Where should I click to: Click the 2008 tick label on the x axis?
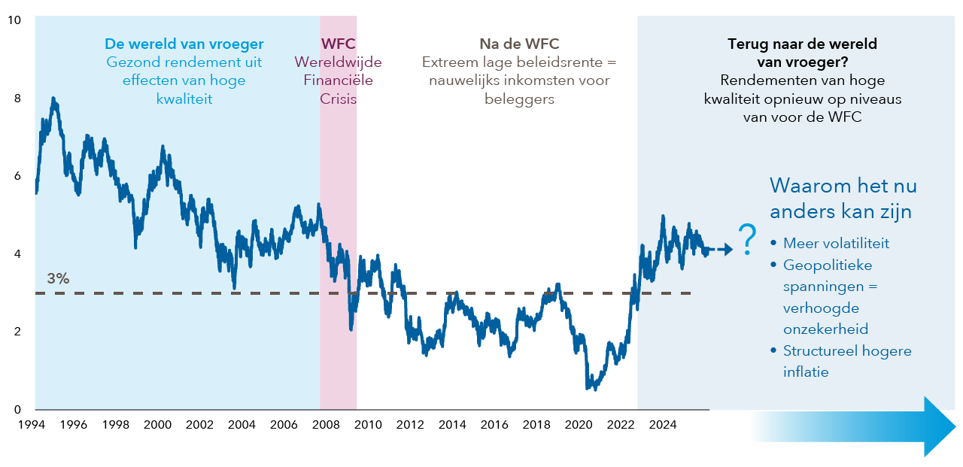pyautogui.click(x=326, y=425)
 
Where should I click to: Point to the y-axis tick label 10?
pyautogui.click(x=14, y=20)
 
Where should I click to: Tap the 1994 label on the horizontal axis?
pyautogui.click(x=31, y=425)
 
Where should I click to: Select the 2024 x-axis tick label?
pyautogui.click(x=663, y=425)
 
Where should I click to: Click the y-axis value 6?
pyautogui.click(x=17, y=176)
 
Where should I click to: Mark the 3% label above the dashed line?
pyautogui.click(x=58, y=278)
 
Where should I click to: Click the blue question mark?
pyautogui.click(x=747, y=240)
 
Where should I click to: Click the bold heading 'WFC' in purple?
pyautogui.click(x=338, y=44)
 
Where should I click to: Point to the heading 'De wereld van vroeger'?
pyautogui.click(x=184, y=44)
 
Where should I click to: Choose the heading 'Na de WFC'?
pyautogui.click(x=519, y=44)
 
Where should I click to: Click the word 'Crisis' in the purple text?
pyautogui.click(x=338, y=99)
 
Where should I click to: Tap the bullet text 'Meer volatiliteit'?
pyautogui.click(x=836, y=244)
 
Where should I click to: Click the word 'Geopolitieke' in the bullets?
pyautogui.click(x=828, y=265)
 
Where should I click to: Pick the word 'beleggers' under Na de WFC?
pyautogui.click(x=519, y=99)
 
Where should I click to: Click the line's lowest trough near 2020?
pyautogui.click(x=588, y=388)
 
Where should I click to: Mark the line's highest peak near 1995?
pyautogui.click(x=53, y=99)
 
